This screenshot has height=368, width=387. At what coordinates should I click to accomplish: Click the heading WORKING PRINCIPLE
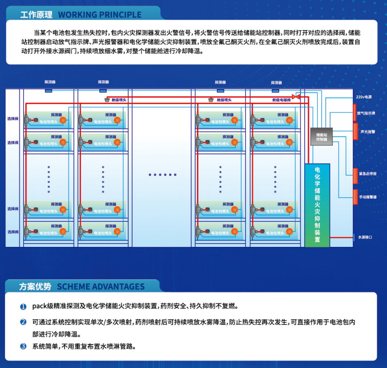[99, 14]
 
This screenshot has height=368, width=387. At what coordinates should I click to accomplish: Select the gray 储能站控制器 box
[321, 136]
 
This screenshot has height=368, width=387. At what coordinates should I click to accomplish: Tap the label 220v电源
[364, 98]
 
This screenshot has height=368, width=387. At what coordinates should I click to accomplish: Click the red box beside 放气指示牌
[355, 113]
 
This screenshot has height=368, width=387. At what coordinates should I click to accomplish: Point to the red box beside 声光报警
[355, 131]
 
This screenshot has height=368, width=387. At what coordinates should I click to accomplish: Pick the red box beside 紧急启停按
[355, 174]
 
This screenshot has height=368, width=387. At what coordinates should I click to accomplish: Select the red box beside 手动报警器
[355, 196]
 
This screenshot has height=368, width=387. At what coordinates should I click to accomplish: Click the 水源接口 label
[365, 237]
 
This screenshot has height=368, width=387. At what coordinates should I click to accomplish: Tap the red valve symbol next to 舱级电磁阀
[297, 97]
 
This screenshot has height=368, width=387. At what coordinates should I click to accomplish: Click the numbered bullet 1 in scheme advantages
[23, 307]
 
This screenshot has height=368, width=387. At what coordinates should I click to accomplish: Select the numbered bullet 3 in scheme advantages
[23, 346]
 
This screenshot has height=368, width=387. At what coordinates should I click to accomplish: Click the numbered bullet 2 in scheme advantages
[23, 322]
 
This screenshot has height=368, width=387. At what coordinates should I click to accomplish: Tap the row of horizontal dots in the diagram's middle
[163, 175]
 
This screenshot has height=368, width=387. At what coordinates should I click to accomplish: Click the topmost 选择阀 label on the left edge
[12, 119]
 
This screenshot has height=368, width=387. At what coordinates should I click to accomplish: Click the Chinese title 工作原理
[37, 14]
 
